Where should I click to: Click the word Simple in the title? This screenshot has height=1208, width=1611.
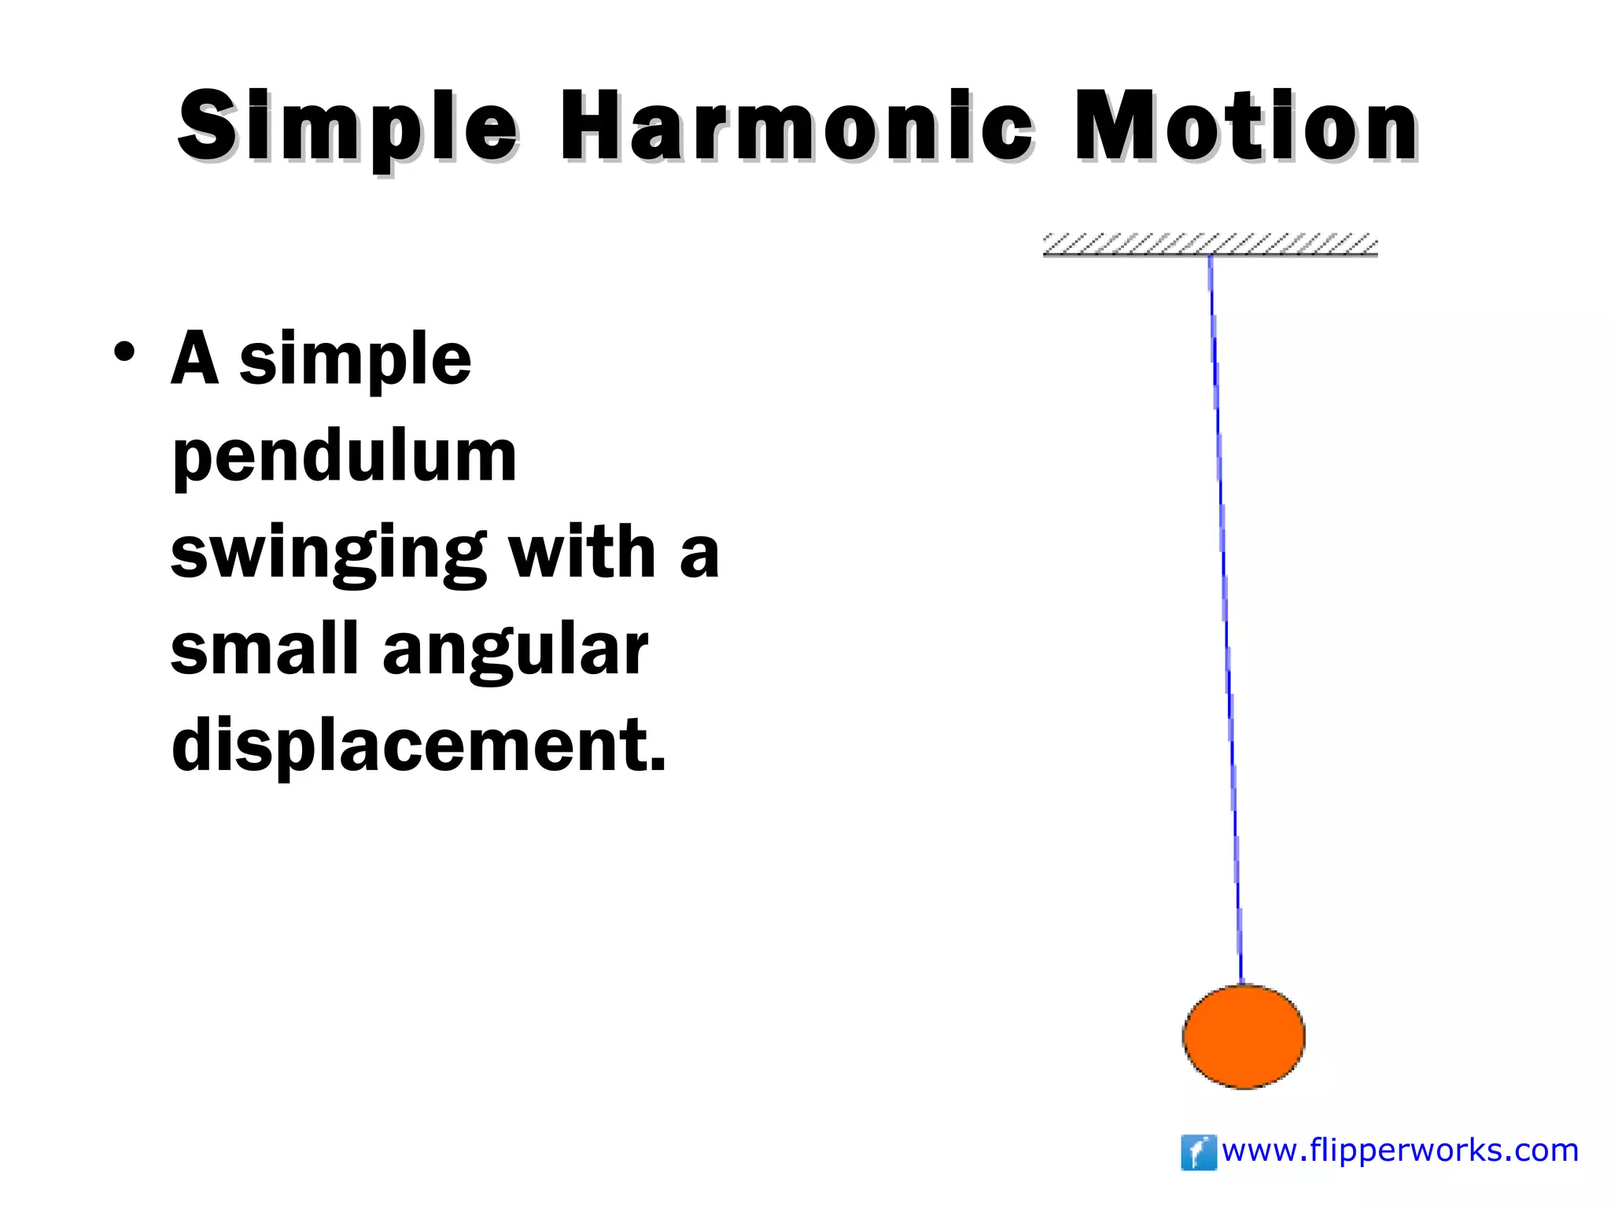(x=347, y=126)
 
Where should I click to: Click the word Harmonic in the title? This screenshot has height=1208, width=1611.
(x=795, y=126)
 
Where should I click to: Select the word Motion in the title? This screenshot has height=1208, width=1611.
(x=1246, y=126)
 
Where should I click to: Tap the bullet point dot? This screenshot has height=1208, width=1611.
(x=123, y=352)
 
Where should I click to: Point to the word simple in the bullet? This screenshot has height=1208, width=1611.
(x=355, y=360)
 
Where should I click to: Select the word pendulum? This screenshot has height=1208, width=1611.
(x=344, y=457)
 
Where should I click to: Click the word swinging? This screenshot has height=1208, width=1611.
(x=328, y=554)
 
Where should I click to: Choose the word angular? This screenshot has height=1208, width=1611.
(x=515, y=651)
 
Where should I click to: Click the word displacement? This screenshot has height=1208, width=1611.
(x=409, y=746)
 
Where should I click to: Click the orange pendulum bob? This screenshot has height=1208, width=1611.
(x=1244, y=1037)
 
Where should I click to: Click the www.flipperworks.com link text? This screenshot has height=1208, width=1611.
(x=1400, y=1151)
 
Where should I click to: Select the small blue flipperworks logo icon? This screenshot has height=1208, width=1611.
(x=1198, y=1152)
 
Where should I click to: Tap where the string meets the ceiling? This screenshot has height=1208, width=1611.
(x=1210, y=256)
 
